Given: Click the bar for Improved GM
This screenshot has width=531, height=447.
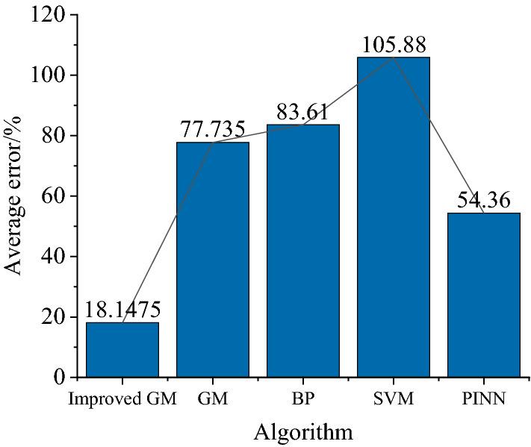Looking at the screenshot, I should coord(122,349).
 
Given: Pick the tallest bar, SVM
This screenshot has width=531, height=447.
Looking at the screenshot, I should coord(393,216).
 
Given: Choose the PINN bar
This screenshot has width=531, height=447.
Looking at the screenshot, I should coord(483,295).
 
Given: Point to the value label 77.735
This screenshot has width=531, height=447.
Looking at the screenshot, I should coord(212,130).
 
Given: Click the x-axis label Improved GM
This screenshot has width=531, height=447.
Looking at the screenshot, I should coord(122,399).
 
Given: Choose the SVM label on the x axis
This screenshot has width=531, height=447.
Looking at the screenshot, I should coord(393,399).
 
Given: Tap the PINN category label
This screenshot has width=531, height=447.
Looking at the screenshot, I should coord(483,399).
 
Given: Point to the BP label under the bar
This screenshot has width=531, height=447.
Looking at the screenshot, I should coord(302,399).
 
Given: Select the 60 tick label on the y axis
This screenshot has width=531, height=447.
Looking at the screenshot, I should coord(55,196).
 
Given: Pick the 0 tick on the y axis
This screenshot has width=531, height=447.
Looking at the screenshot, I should coord(62,378).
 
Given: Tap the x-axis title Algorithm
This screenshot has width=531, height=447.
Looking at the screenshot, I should coord(302,431).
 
